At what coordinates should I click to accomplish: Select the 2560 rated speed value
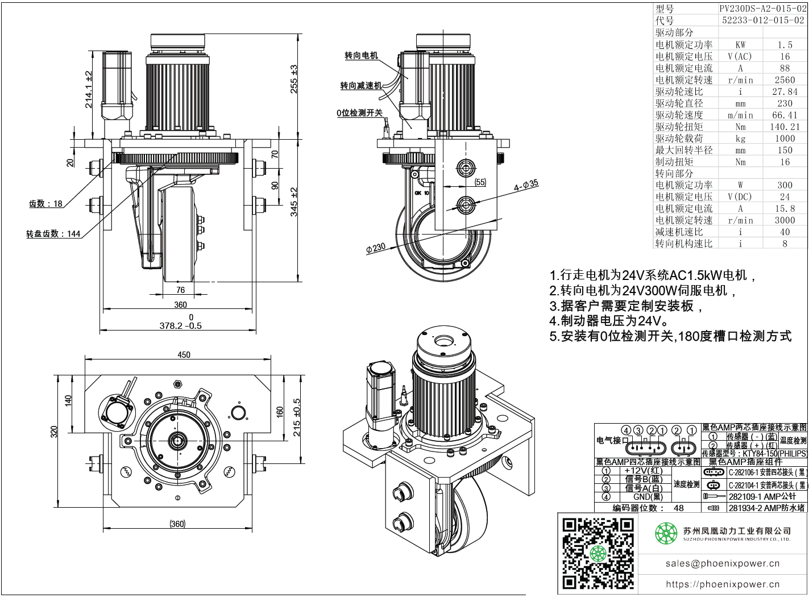(x=785, y=80)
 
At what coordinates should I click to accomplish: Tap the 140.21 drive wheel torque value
(x=785, y=127)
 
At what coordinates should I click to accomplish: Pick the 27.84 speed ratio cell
(x=785, y=91)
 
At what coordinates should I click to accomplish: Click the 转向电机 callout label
(x=361, y=56)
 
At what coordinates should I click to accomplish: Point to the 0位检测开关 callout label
(x=359, y=113)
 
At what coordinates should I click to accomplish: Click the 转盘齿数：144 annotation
(x=53, y=234)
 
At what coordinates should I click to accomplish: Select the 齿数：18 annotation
(x=45, y=204)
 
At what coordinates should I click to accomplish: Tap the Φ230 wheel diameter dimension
(x=376, y=248)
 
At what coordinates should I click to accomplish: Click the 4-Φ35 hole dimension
(x=526, y=185)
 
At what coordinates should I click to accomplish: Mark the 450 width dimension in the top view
(x=184, y=355)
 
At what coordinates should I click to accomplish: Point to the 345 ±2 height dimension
(x=294, y=202)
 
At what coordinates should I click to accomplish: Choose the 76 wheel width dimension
(x=180, y=290)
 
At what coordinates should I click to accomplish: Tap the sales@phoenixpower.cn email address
(x=723, y=563)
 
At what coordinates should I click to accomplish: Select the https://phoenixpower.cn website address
(x=723, y=584)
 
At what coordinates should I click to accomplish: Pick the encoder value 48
(x=679, y=508)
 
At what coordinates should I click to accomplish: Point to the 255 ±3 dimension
(x=294, y=79)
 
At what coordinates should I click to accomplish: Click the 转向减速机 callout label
(x=361, y=86)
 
